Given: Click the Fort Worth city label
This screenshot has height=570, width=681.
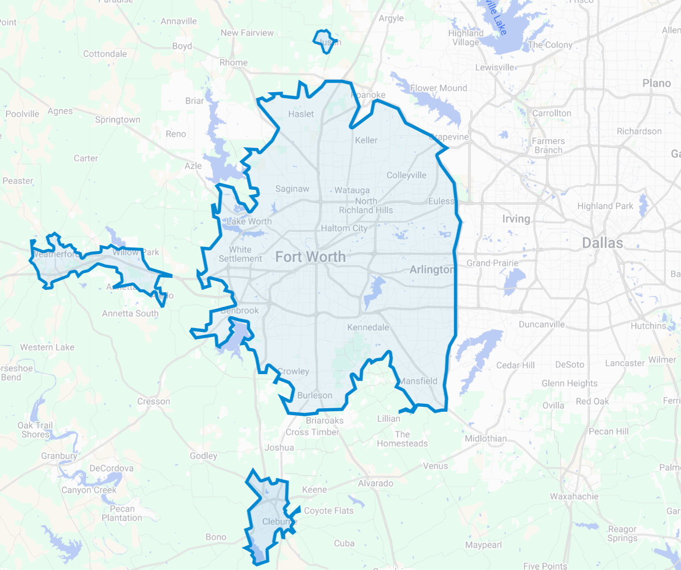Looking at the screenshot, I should [x=310, y=257].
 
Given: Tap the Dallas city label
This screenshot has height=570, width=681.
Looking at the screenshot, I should [x=602, y=243].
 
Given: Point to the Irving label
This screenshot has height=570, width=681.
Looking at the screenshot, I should [x=516, y=219].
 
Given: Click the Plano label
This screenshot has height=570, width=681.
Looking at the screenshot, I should [x=656, y=83].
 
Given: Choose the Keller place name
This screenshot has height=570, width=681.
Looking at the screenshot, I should [x=366, y=140].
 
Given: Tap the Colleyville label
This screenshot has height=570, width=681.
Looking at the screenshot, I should [x=406, y=175].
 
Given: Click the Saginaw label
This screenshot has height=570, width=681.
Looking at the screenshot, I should [x=292, y=189].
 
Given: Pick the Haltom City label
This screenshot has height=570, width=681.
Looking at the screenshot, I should [x=344, y=228].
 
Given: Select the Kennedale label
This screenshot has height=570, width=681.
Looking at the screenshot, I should [x=368, y=328].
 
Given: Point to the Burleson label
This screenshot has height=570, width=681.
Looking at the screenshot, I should [x=314, y=395].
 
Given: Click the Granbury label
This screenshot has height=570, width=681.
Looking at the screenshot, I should [x=59, y=456].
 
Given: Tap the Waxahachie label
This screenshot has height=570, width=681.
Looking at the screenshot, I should [x=574, y=496].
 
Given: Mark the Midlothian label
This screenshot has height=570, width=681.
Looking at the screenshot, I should [x=485, y=439].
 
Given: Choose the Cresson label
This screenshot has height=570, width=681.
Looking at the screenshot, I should [x=154, y=401].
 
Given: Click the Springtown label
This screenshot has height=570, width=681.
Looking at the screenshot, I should [x=118, y=120].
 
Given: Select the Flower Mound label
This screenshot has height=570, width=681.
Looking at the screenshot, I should [x=438, y=88].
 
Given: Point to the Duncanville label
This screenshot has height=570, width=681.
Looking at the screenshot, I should [x=541, y=325].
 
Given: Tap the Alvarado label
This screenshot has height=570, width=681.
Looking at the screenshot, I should [x=376, y=483].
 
